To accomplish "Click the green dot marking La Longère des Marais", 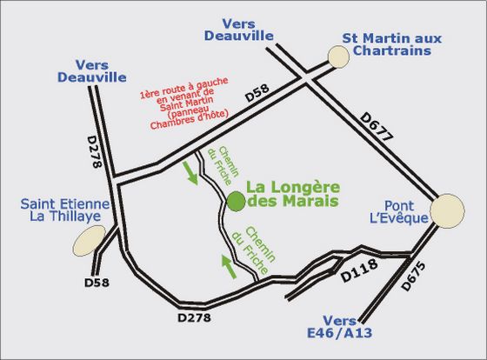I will coord(236,202).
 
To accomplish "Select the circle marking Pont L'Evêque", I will coord(450,211).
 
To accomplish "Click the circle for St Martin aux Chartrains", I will coord(337,57).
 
